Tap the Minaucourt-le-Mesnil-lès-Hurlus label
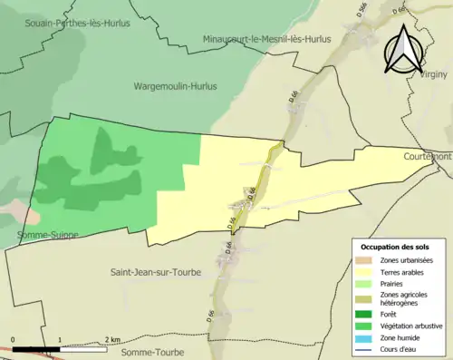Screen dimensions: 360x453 point(267,40)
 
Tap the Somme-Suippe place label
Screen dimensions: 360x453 point(47,234)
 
